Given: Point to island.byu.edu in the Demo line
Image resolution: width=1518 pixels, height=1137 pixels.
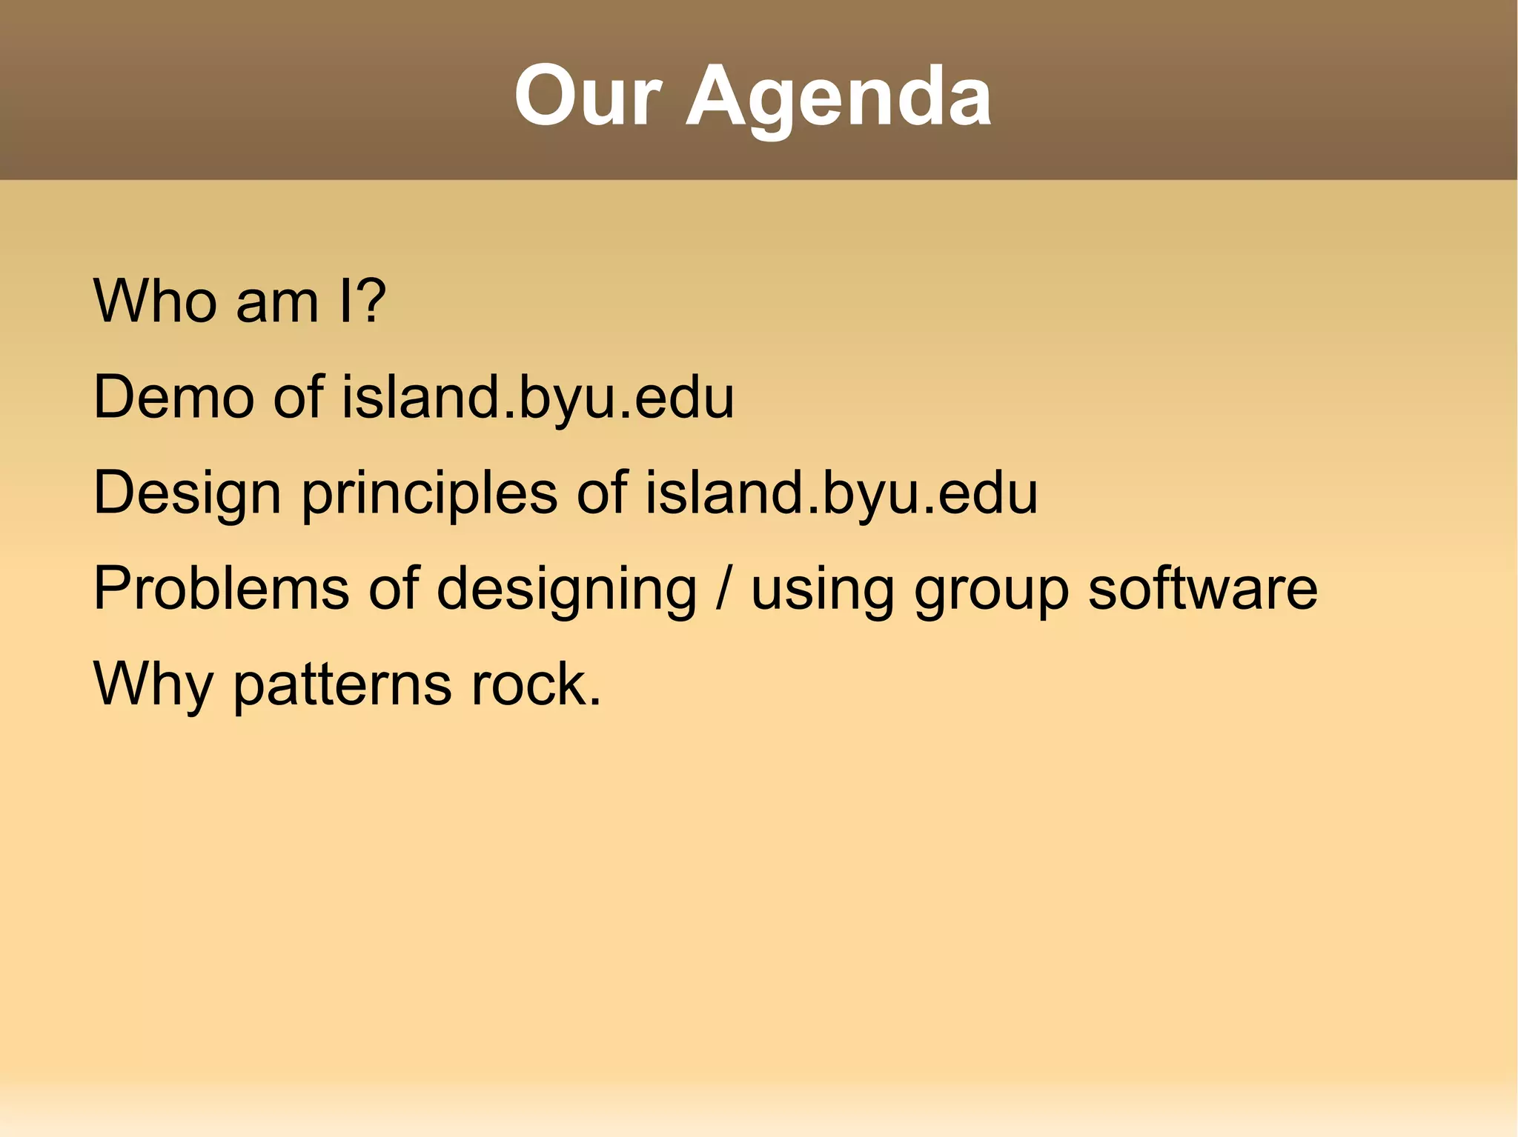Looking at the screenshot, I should click(x=537, y=397).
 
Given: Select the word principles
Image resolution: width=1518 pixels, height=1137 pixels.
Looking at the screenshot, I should click(x=429, y=495).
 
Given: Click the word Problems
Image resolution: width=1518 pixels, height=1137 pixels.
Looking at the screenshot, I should click(x=221, y=588).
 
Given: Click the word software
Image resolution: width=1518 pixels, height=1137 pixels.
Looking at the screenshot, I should click(x=1202, y=588).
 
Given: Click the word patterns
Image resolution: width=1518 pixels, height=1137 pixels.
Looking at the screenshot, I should click(x=342, y=685).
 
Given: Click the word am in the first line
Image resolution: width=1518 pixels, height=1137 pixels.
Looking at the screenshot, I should click(x=277, y=303).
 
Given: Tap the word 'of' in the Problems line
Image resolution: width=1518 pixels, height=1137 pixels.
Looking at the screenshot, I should click(x=394, y=588).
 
